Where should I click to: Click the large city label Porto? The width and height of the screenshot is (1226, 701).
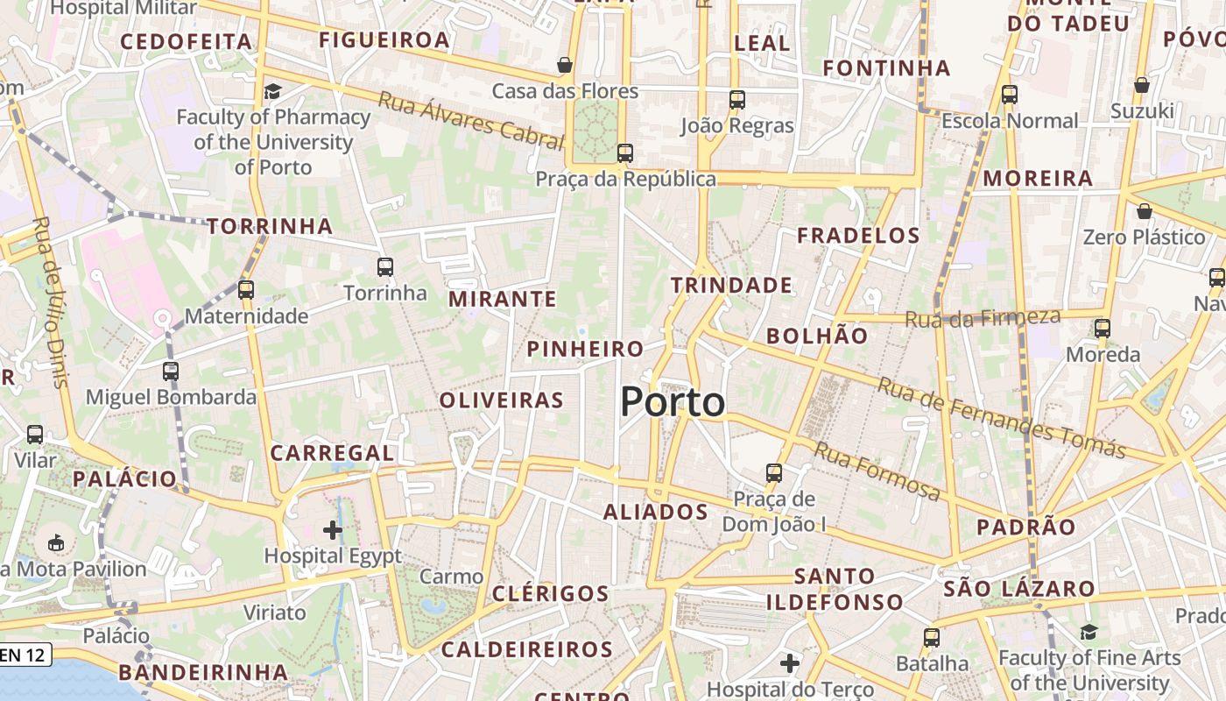(673, 402)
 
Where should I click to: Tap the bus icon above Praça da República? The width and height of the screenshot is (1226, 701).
(624, 153)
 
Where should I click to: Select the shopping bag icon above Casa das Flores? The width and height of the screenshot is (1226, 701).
(565, 65)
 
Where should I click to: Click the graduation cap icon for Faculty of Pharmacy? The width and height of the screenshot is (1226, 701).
(273, 91)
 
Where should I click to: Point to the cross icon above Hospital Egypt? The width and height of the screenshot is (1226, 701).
(333, 529)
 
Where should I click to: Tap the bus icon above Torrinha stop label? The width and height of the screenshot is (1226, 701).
(384, 267)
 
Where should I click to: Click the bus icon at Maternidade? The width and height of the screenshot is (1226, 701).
(246, 290)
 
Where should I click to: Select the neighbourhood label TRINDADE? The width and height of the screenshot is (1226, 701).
(731, 285)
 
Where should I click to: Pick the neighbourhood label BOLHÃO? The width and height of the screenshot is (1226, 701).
(817, 336)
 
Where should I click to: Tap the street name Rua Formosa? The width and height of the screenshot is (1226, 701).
(877, 471)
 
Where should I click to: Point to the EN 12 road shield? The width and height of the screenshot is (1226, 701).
(25, 654)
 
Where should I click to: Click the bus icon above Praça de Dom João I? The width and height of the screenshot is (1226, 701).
(774, 473)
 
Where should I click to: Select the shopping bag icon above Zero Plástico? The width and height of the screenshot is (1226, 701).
(1144, 211)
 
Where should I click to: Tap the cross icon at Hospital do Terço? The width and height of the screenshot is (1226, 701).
(790, 663)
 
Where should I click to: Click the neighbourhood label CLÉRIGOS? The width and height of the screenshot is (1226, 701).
(550, 593)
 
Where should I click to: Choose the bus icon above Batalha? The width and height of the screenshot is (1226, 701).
(932, 638)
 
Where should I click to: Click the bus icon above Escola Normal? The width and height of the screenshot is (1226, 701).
(1010, 95)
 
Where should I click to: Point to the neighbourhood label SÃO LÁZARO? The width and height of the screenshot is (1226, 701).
(1019, 589)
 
